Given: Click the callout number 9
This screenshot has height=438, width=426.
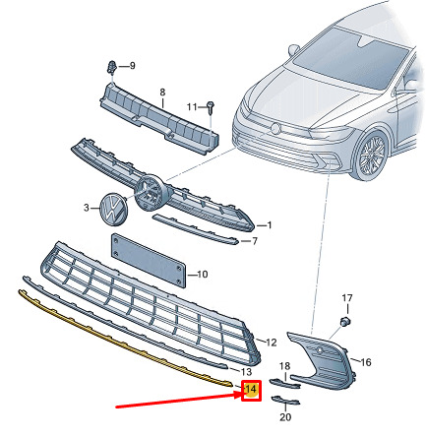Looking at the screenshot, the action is click(x=132, y=66).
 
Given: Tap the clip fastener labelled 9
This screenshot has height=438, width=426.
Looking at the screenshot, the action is click(x=112, y=68).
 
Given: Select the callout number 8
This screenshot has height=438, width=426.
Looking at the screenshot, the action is click(x=162, y=93).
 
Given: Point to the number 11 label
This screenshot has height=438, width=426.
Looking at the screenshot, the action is click(x=192, y=107).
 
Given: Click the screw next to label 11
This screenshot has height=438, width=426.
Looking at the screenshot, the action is click(x=211, y=107).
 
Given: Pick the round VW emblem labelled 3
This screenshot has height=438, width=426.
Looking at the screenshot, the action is click(x=112, y=209).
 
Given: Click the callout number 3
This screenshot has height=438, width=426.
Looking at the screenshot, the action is click(x=87, y=208).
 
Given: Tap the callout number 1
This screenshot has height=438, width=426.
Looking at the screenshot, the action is click(x=270, y=225).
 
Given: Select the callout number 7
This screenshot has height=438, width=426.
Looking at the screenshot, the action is click(x=255, y=241).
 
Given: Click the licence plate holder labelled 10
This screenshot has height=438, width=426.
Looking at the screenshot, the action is click(x=149, y=261).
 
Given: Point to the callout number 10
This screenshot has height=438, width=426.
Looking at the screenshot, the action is click(x=203, y=274).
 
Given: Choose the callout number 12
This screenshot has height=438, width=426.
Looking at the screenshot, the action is click(x=271, y=343).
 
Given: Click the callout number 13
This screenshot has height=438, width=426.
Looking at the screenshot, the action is click(x=246, y=371).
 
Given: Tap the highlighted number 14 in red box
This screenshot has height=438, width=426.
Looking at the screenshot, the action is click(x=251, y=390).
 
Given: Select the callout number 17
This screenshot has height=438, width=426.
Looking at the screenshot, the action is click(x=347, y=298).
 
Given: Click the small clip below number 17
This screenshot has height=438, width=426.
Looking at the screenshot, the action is click(x=344, y=321).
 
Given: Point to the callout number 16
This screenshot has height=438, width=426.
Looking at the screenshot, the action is click(x=366, y=362).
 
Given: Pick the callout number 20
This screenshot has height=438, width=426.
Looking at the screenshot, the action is click(x=285, y=417).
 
